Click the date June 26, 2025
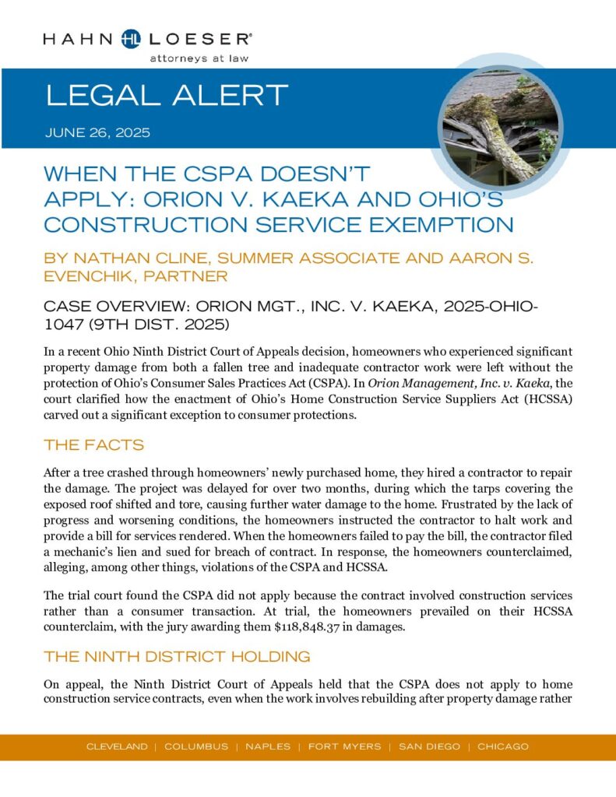[97, 132]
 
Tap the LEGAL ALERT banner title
[167, 96]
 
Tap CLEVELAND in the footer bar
[117, 746]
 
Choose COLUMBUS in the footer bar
[196, 746]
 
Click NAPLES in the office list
[269, 746]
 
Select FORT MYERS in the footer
[344, 746]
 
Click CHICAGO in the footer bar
[503, 746]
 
